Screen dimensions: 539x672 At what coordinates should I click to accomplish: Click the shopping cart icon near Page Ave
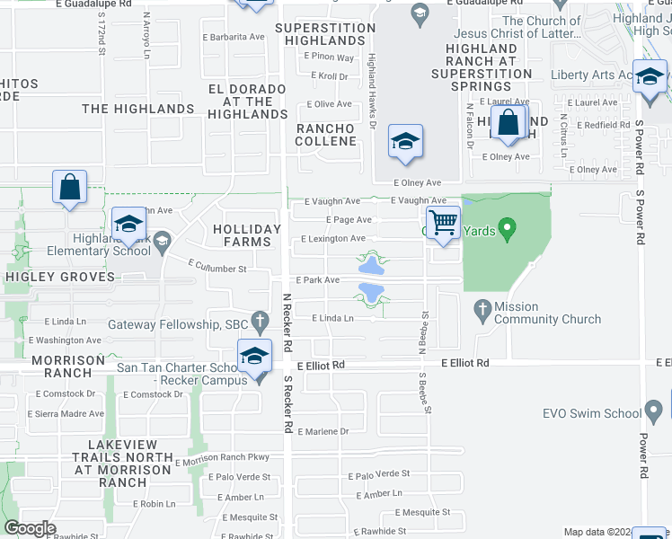(x=442, y=222)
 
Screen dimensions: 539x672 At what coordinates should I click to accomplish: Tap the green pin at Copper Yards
(x=508, y=230)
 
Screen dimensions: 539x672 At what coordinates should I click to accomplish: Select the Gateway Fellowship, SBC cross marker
(x=261, y=320)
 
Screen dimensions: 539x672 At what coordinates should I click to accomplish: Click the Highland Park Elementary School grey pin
(x=162, y=240)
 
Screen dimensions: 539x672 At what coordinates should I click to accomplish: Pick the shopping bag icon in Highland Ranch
(x=508, y=123)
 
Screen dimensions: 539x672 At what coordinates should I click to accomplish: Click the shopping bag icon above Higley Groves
(x=69, y=188)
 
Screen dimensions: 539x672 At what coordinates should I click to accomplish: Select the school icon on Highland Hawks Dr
(x=405, y=141)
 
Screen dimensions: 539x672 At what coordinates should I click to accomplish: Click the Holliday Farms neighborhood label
(x=242, y=235)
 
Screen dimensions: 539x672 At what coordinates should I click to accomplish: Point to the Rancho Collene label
(x=326, y=135)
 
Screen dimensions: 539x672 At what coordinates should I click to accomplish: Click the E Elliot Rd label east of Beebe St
(x=464, y=363)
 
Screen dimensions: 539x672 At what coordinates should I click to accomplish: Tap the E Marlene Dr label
(x=323, y=431)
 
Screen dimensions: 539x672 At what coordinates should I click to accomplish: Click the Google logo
(x=31, y=528)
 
